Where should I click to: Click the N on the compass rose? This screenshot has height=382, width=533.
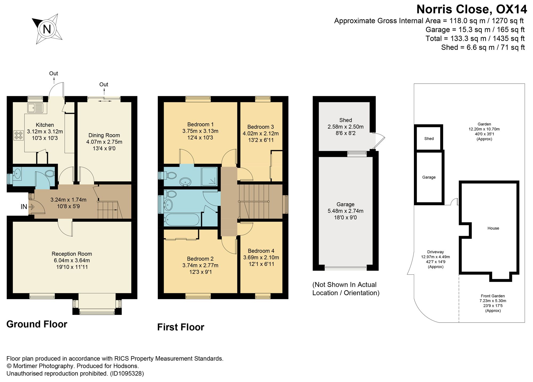point(47,29)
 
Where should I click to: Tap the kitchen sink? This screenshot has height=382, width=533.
point(35,108)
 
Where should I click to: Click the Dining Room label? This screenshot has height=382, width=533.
point(104,135)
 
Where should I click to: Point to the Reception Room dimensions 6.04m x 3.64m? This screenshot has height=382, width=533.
point(72,260)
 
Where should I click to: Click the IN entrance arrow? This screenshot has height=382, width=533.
point(31,206)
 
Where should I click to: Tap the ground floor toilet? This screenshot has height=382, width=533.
point(50,174)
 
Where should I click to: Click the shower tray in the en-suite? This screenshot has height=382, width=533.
point(210,176)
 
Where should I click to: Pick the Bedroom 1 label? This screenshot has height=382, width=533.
point(200,124)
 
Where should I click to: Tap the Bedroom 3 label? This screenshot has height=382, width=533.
point(261,127)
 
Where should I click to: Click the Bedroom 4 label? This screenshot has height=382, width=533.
point(261,251)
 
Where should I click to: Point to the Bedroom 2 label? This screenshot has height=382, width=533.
point(200,259)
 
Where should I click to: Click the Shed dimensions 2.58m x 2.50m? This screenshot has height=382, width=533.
point(345,127)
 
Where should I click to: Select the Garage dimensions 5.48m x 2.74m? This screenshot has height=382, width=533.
point(345,211)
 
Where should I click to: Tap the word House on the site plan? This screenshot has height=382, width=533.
point(493,228)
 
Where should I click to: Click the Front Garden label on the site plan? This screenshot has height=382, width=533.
point(493,296)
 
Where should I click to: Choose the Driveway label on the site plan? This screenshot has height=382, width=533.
point(435,252)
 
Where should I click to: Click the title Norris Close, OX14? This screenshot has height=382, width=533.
point(472,9)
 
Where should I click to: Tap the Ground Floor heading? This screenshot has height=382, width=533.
point(37,324)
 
